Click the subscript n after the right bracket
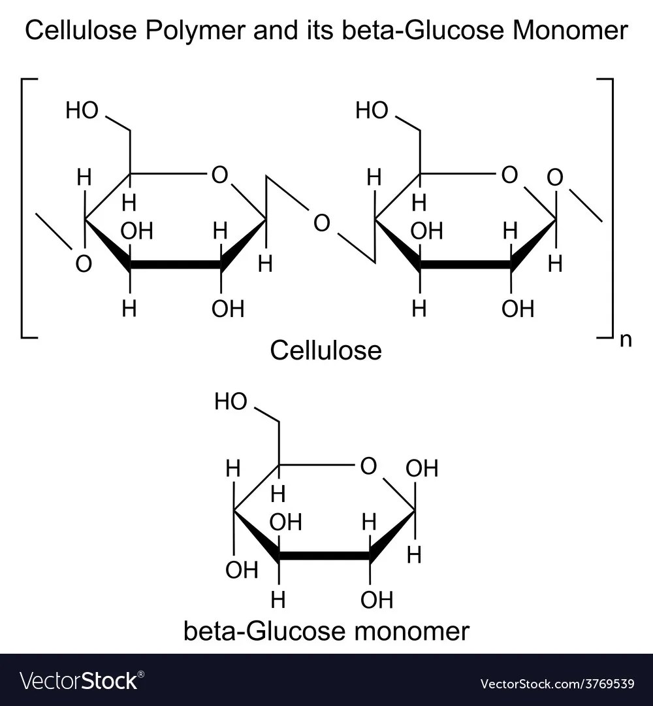click(626, 341)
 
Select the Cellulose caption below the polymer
click(325, 351)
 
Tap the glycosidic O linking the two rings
click(321, 224)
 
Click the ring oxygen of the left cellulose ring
click(219, 175)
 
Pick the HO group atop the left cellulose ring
click(82, 111)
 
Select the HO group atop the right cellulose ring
click(372, 111)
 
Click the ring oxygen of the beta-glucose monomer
click(368, 466)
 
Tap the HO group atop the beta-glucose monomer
click(231, 402)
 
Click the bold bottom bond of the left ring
click(175, 265)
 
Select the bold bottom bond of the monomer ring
click(324, 556)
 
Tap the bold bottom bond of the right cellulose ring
click(465, 265)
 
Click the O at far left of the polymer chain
click(83, 264)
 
